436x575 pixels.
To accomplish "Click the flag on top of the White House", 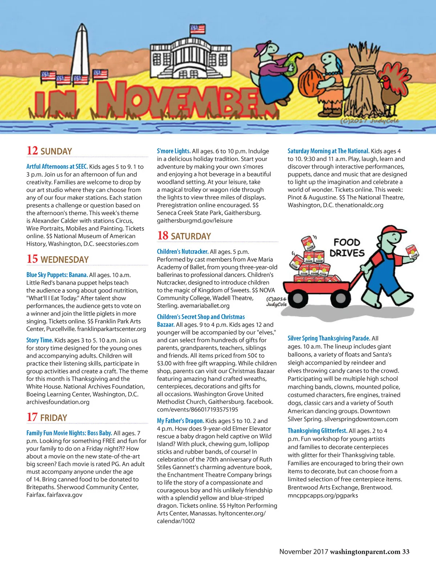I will tap(197, 29).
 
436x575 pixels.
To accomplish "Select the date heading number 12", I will tap(32, 150).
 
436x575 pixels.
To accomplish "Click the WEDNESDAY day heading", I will tap(65, 260).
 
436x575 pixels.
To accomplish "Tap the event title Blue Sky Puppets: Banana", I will tap(57, 275).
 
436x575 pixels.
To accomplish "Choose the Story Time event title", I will tap(40, 340).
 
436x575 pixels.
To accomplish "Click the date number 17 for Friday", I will tap(32, 417).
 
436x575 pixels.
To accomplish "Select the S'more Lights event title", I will tap(174, 151).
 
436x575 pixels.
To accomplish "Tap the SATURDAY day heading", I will tap(191, 236).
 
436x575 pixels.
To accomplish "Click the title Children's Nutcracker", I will tap(182, 252).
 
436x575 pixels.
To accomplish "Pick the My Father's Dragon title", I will tap(180, 421).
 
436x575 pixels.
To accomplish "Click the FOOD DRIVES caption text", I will tap(347, 248).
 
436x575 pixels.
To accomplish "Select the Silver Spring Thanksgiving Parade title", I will tap(329, 338).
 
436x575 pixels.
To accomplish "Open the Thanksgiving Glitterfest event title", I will tap(317, 431).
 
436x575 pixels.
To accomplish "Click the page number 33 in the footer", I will tap(405, 552).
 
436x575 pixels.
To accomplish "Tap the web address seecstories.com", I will tap(117, 244).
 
